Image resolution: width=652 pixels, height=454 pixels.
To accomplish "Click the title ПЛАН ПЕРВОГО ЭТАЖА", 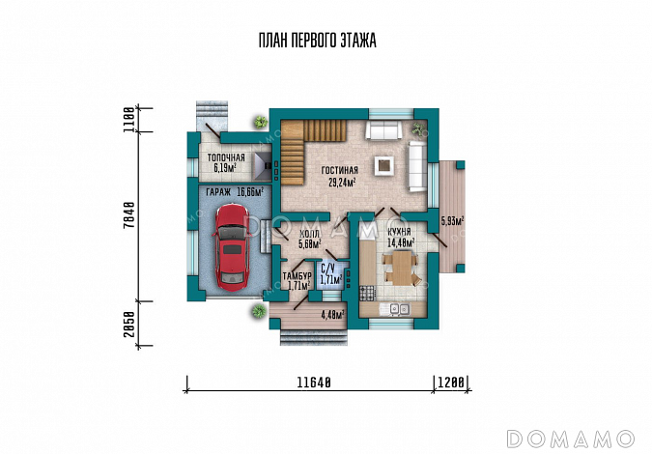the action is [x=317, y=41].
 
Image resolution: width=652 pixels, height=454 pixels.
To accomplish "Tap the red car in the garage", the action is [x=232, y=247].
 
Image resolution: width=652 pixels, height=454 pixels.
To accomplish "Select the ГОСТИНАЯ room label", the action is [x=340, y=170].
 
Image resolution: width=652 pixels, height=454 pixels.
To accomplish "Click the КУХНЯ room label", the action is [x=399, y=232].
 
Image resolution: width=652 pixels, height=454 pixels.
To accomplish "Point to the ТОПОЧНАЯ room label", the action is [x=226, y=158].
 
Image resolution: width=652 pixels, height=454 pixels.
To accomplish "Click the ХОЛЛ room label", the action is [x=309, y=235].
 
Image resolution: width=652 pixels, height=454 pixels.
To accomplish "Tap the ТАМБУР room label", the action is [x=297, y=276].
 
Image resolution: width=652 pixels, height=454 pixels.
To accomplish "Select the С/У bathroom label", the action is [x=328, y=269].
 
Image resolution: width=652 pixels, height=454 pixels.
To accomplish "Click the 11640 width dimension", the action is [x=314, y=383].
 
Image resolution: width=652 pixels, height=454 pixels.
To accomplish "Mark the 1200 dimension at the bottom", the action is [x=451, y=383].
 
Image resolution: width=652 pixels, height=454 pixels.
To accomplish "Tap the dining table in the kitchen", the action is [x=402, y=269].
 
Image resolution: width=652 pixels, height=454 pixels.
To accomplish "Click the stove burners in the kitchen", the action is [x=368, y=293].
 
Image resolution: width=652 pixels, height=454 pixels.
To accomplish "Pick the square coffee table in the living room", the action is [x=383, y=165].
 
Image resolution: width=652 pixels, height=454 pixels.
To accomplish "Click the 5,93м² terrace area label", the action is [x=452, y=221].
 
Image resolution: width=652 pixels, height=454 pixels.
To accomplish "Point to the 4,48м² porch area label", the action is [x=333, y=315].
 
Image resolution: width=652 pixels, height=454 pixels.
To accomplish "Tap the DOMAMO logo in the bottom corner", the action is [x=571, y=440].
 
